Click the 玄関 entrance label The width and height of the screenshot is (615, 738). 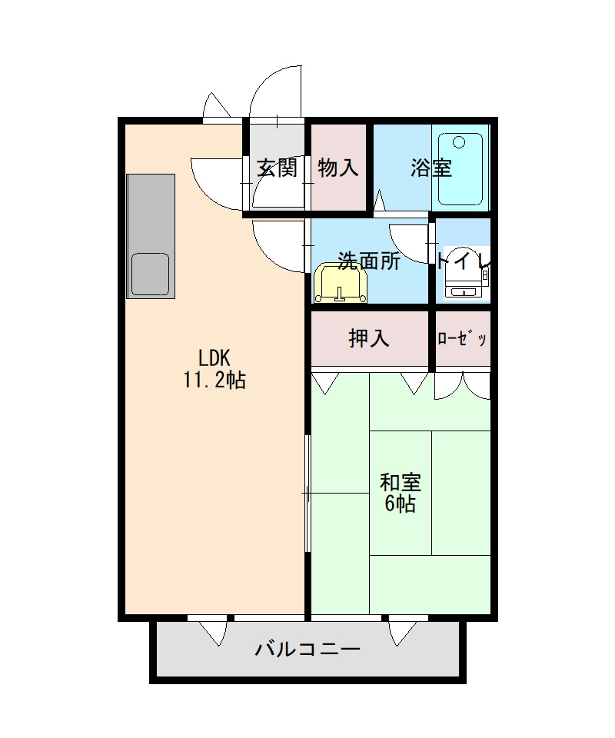(277, 168)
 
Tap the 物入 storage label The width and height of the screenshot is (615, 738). (338, 168)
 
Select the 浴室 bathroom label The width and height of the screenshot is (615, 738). (430, 168)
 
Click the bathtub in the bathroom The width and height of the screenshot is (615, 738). (460, 168)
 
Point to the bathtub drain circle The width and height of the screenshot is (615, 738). (459, 142)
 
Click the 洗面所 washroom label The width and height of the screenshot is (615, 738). (370, 261)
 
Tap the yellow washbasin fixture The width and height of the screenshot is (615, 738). (341, 283)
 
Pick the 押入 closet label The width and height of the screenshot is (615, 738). (370, 338)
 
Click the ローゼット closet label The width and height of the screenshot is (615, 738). (463, 339)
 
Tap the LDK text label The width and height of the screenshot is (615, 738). (214, 358)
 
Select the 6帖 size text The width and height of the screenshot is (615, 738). (401, 504)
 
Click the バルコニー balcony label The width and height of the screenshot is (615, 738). (307, 650)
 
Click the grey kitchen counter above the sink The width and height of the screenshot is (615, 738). (151, 211)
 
